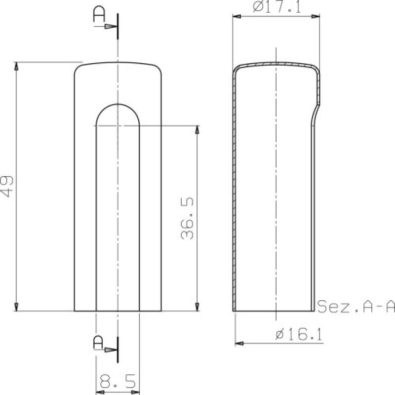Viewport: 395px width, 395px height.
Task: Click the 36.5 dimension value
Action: pos(187,218)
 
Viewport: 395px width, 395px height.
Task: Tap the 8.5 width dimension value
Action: pos(118,382)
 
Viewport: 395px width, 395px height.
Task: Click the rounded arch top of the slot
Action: pos(118,105)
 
